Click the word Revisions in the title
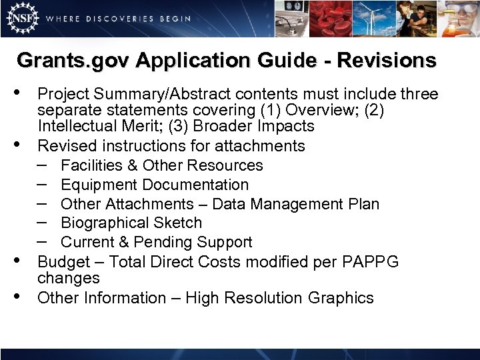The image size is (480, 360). click(387, 61)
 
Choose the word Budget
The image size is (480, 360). click(62, 262)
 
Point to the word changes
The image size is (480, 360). click(68, 278)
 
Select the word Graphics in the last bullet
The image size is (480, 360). click(341, 298)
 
